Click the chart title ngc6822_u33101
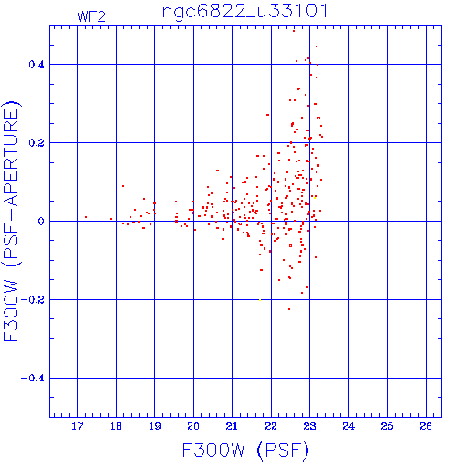[x=245, y=12]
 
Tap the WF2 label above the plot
[x=91, y=16]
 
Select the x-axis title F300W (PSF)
[x=245, y=450]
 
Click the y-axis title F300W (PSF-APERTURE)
[x=11, y=222]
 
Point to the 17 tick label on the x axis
[x=78, y=426]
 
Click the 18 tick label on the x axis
[x=116, y=426]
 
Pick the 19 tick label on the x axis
[x=155, y=426]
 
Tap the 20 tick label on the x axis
[x=193, y=426]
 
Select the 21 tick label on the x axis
[x=232, y=426]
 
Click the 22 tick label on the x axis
[x=271, y=426]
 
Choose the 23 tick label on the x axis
[x=309, y=426]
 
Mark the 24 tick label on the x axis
[x=348, y=426]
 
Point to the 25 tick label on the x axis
[x=387, y=426]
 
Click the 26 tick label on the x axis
[x=426, y=426]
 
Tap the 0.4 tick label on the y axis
[x=36, y=65]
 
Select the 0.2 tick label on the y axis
[x=36, y=143]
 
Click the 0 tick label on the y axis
[x=41, y=222]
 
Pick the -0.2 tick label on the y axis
[x=33, y=300]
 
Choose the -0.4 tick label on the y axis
[x=33, y=379]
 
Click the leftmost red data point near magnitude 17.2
[x=86, y=217]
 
